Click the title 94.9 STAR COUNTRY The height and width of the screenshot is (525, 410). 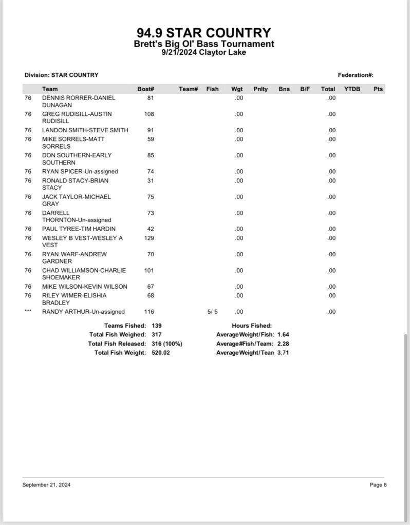click(x=204, y=33)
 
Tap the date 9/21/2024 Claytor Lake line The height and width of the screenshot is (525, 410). click(x=204, y=52)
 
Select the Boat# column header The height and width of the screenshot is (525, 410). click(x=146, y=89)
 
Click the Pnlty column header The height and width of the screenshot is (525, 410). click(x=260, y=89)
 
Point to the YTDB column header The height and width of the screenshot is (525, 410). click(x=352, y=89)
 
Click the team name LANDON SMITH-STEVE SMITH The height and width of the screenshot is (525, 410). click(x=85, y=130)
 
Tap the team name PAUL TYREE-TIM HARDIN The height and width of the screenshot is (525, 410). click(x=79, y=229)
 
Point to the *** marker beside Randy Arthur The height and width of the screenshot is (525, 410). click(x=28, y=311)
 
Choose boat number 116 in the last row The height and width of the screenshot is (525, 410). click(x=149, y=311)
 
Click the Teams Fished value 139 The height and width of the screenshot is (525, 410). click(x=157, y=326)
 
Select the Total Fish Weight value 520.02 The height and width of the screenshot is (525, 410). click(x=160, y=353)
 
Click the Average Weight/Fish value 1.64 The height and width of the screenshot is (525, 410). click(x=283, y=334)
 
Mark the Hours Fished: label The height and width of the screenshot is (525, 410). click(x=252, y=326)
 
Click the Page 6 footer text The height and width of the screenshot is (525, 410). click(x=378, y=484)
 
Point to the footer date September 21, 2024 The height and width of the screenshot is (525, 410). click(x=46, y=484)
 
